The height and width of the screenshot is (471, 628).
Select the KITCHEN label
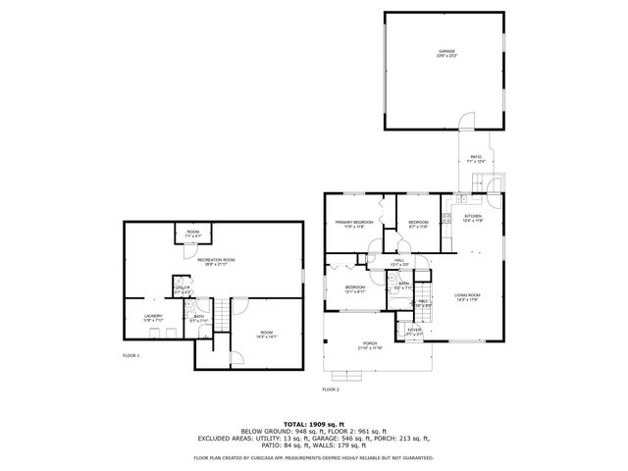coord(472,217)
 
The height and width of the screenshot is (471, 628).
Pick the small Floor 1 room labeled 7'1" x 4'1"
coord(193,234)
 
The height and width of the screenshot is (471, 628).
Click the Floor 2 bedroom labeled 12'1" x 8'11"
coord(354,288)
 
